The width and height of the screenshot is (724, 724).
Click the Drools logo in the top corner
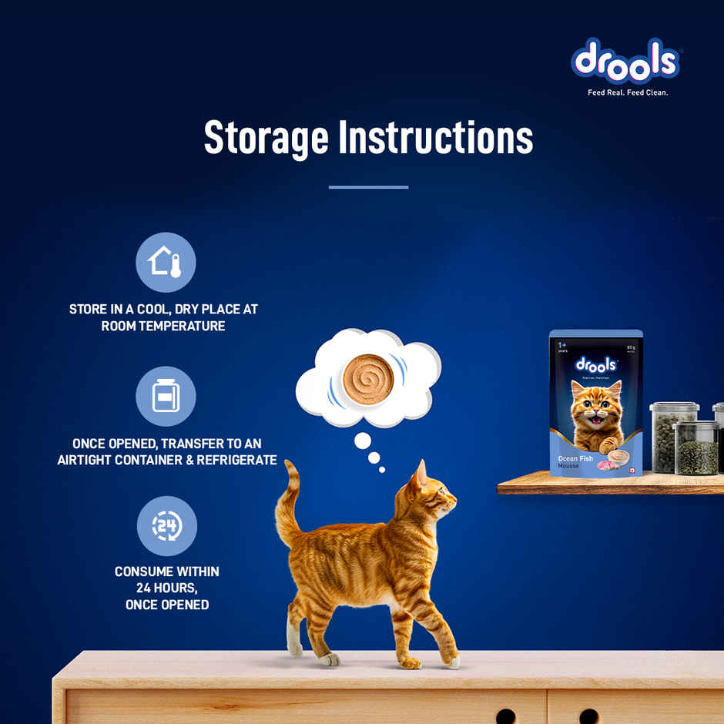coord(625,61)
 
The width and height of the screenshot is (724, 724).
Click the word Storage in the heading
coord(266,137)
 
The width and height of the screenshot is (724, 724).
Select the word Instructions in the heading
coord(436,137)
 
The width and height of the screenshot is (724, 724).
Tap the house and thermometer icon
coord(166,262)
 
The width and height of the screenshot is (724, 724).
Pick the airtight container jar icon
coord(166,396)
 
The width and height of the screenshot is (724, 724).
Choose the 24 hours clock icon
coord(166,526)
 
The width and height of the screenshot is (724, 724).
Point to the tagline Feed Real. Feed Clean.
coord(628,92)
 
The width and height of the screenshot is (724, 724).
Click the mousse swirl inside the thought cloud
coord(368,379)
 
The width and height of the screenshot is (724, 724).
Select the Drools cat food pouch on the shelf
coord(595,404)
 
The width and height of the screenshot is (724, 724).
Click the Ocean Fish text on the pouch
coord(575,459)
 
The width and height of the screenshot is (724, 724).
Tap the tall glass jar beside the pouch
coord(672,436)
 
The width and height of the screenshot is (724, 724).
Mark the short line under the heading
coord(368,187)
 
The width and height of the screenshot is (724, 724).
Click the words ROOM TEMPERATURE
coord(163,326)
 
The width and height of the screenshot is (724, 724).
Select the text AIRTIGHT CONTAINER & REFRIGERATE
coord(167,460)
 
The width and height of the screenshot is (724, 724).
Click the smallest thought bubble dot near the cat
coord(382,469)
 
